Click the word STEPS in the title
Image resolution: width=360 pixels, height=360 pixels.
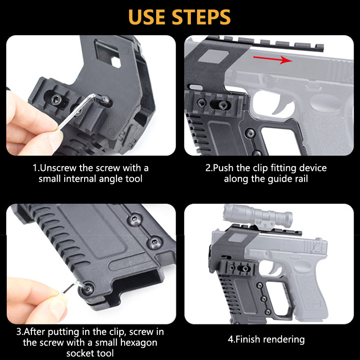point(201,17)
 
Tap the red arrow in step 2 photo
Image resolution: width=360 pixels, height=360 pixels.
point(273,59)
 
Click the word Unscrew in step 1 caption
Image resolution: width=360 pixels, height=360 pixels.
point(58,168)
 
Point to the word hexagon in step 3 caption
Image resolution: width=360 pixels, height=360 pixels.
point(139,342)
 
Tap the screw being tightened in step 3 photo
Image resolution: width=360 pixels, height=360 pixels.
point(87,289)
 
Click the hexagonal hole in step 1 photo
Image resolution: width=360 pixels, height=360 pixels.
point(116,62)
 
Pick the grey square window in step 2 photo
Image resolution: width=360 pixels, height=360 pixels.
point(213,56)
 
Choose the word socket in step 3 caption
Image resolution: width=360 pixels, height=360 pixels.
point(80,353)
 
